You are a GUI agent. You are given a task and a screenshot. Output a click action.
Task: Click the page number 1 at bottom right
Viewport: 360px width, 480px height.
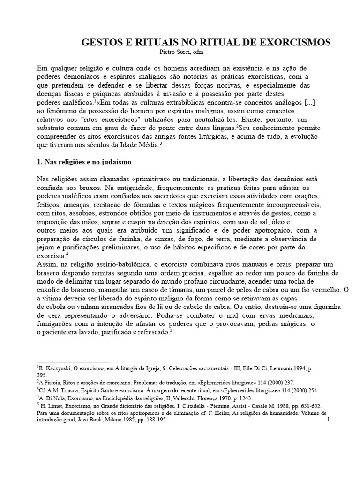[329, 420]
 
